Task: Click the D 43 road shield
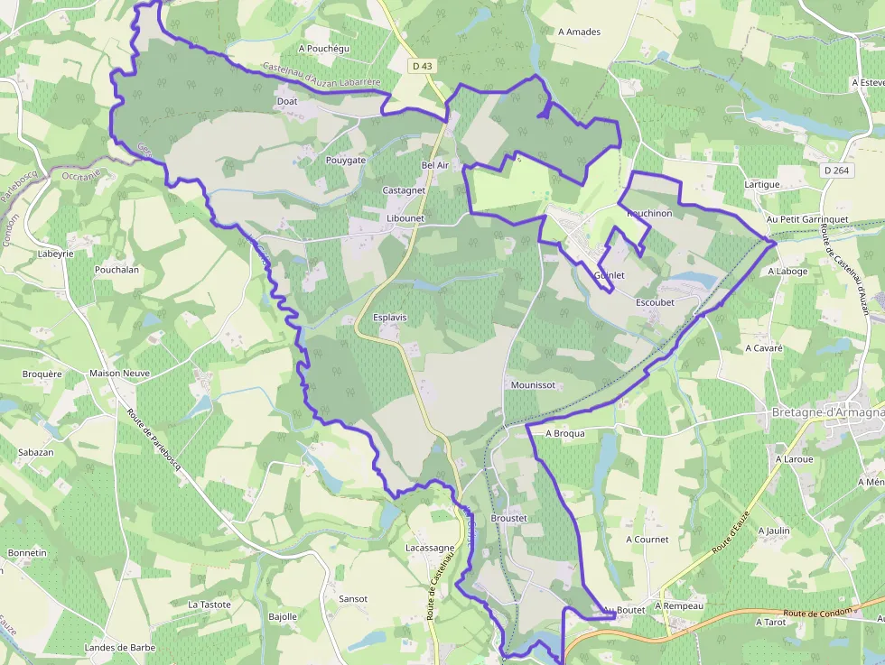422,66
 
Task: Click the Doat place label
287,102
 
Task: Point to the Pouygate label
346,160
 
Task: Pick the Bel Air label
434,165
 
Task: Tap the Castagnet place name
404,190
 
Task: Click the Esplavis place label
390,318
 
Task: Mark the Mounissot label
532,384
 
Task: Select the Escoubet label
655,302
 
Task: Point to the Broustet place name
508,518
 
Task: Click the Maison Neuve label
119,373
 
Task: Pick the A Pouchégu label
323,49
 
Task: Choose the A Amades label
579,32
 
